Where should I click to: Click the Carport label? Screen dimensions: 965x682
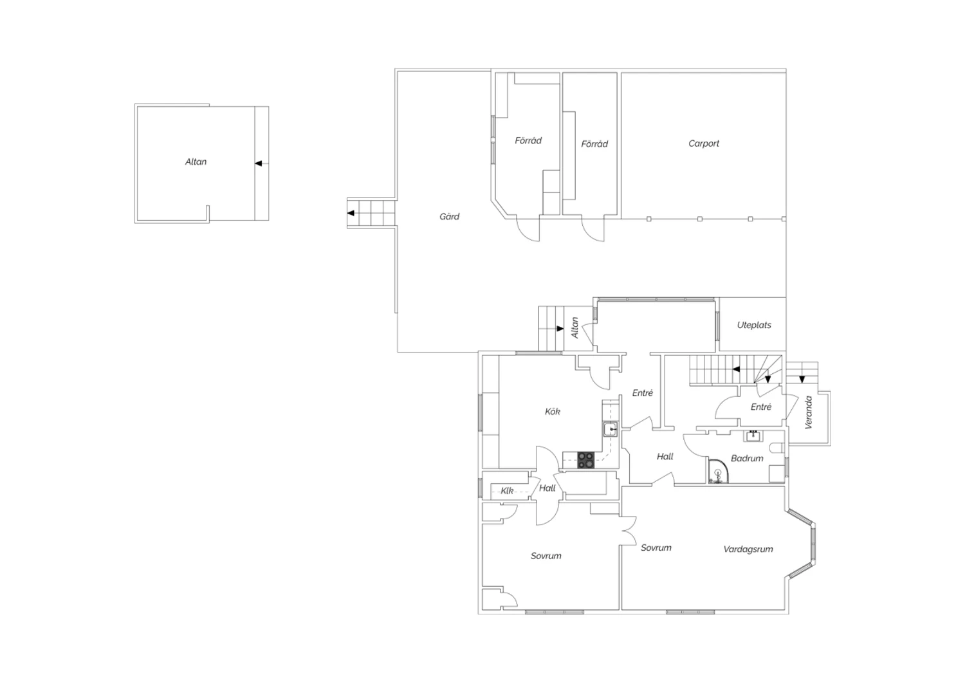point(704,143)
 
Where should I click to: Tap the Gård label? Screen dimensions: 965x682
point(449,216)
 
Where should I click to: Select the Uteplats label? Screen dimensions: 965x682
point(754,325)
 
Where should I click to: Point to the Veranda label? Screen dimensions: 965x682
point(808,412)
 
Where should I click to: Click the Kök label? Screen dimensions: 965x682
point(552,411)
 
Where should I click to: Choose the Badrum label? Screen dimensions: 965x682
point(747,458)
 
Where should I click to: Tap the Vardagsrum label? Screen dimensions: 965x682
point(748,549)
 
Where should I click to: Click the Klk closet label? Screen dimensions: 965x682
point(507,491)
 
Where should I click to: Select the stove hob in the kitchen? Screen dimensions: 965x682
point(585,459)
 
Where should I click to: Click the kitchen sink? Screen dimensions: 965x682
point(610,430)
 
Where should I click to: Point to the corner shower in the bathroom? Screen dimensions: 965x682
point(718,471)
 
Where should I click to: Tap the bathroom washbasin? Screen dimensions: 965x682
point(753,436)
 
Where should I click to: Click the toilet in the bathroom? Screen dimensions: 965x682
point(777,448)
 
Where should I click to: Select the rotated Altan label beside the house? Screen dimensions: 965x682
point(574,327)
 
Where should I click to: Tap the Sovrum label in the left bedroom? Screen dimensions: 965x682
point(546,556)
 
